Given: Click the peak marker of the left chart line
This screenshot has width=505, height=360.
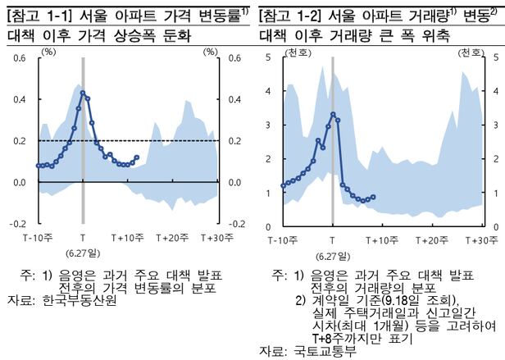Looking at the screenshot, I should pyautogui.click(x=83, y=93).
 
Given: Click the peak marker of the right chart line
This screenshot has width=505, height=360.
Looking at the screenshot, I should pyautogui.click(x=332, y=114).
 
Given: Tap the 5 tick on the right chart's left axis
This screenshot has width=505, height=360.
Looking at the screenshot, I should pyautogui.click(x=269, y=57).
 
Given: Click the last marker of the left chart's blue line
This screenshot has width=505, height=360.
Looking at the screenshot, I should pyautogui.click(x=136, y=157).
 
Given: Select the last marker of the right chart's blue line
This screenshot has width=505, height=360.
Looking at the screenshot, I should pyautogui.click(x=373, y=197).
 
